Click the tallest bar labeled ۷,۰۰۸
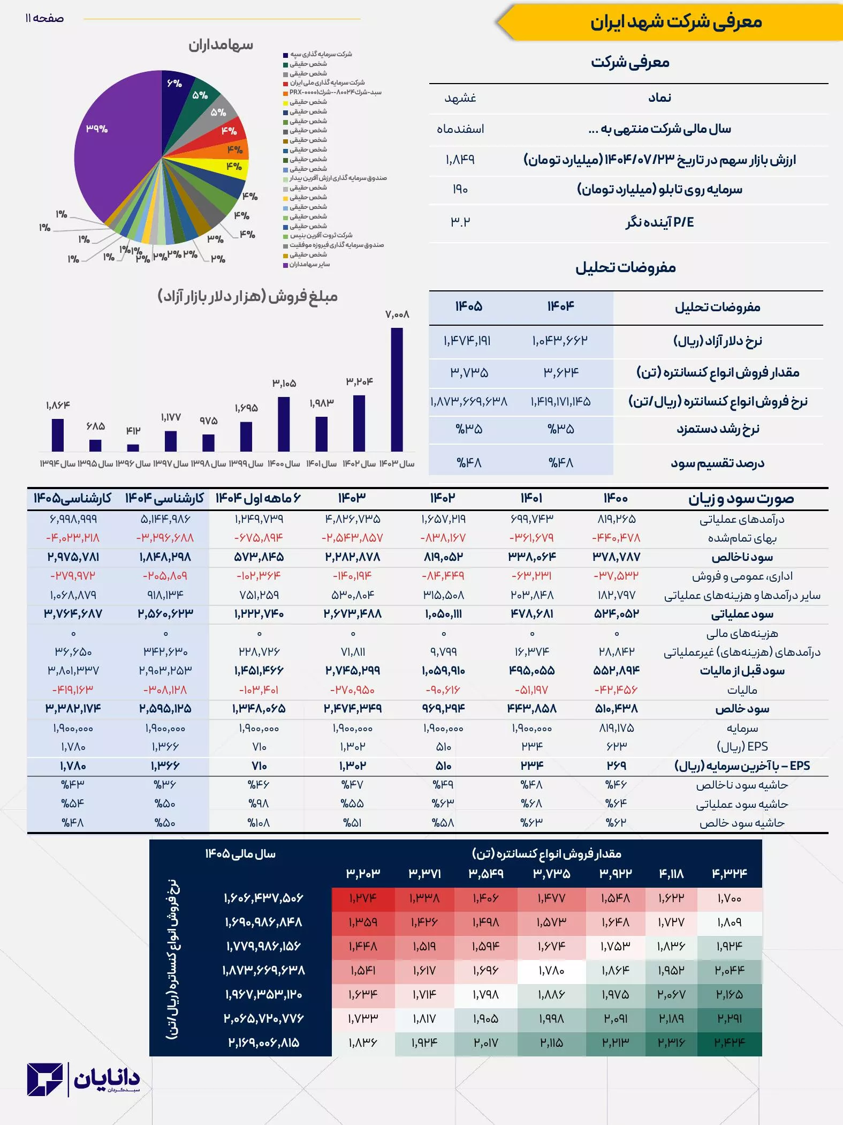(397, 389)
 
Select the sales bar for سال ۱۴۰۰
(284, 424)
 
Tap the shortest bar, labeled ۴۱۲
(133, 448)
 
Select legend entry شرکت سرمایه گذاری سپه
(321, 54)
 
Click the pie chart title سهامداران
(221, 45)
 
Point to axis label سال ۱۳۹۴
(57, 464)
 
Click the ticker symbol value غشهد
(460, 98)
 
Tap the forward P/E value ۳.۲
(460, 222)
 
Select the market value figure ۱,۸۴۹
(460, 160)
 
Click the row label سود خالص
(742, 709)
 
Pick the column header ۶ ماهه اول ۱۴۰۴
(258, 498)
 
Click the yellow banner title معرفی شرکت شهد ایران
(676, 22)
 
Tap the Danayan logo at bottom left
(83, 1080)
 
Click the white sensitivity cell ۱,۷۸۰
(551, 970)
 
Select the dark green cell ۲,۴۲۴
(730, 1042)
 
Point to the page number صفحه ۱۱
(44, 19)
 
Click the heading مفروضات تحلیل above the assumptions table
(626, 267)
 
